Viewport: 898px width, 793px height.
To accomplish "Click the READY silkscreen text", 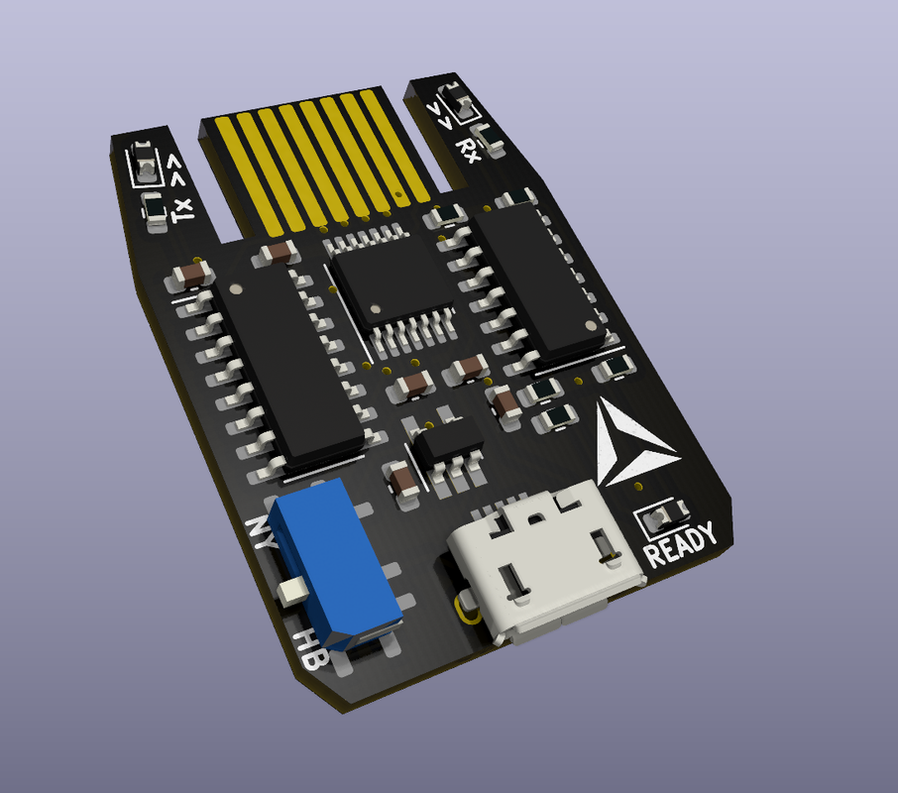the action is click(x=680, y=544).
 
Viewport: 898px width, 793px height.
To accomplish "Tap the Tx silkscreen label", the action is click(x=183, y=210).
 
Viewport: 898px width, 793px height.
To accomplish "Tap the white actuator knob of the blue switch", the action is click(x=291, y=591).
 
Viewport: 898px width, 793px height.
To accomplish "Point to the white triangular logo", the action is click(x=630, y=444).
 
